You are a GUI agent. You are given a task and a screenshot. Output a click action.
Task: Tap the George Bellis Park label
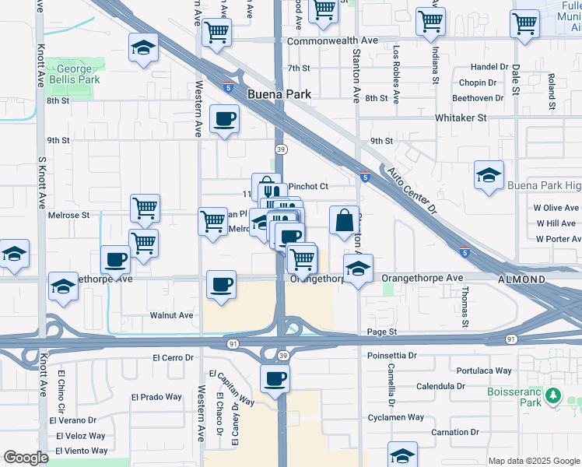[x=77, y=74]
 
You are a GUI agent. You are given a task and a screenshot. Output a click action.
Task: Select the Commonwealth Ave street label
[x=332, y=40]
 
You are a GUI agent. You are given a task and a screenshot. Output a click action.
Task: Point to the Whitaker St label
[x=461, y=118]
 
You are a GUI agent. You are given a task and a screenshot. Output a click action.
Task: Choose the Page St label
[x=382, y=332]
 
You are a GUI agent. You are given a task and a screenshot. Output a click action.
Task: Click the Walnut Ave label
[x=171, y=315]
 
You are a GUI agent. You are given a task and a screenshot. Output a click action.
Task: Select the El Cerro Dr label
[x=173, y=357]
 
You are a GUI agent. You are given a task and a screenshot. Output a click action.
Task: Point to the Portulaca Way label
[x=484, y=371]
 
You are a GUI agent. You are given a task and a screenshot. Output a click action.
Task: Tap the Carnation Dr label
[x=460, y=432]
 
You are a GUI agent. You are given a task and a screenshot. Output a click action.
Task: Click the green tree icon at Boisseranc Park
[x=553, y=396]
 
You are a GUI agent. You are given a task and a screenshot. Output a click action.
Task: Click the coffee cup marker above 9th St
[x=225, y=119]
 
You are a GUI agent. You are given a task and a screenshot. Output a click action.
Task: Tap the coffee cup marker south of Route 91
[x=275, y=379]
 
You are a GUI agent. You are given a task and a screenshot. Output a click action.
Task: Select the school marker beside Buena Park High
[x=489, y=175]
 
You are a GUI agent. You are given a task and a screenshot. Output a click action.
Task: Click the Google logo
[x=26, y=458]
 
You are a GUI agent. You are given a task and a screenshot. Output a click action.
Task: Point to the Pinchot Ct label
[x=309, y=187]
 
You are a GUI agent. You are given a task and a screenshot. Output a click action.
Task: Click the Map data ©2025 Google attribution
[x=534, y=461]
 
